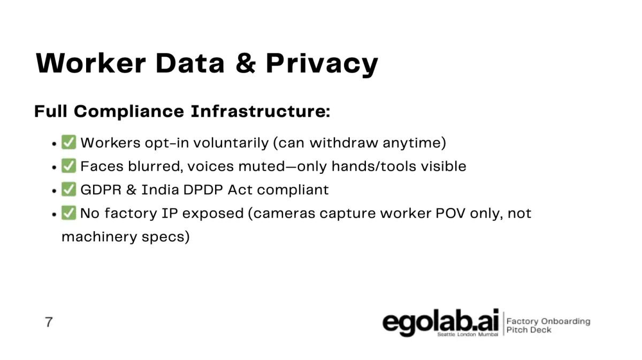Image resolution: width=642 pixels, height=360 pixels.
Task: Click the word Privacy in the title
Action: pos(322,64)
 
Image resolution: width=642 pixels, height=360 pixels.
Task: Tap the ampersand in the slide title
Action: pos(246,63)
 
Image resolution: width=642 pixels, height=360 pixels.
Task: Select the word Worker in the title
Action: pos(91,63)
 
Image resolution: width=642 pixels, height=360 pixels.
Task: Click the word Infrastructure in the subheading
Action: pos(260,111)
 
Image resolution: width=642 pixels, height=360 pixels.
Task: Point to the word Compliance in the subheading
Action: pos(129,112)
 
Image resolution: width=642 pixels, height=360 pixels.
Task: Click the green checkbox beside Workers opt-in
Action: pos(69,142)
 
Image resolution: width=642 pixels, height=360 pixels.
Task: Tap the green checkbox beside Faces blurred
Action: pos(69,166)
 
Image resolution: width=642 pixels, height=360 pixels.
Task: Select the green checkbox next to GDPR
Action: pos(69,189)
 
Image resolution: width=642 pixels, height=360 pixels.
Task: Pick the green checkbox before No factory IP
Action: pos(69,213)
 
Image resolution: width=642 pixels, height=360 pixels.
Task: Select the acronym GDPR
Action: pos(101,190)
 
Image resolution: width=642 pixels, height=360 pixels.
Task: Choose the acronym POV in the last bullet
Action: pos(450,213)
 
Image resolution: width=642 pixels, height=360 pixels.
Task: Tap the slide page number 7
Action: pos(49,322)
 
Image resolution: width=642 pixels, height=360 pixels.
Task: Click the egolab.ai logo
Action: pos(440,322)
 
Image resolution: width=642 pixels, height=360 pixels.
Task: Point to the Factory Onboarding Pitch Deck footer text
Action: pos(548,326)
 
